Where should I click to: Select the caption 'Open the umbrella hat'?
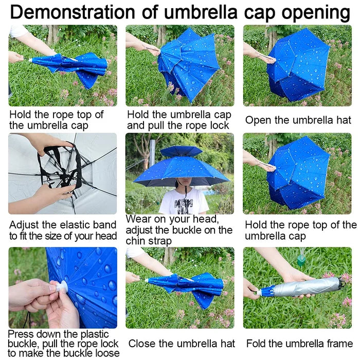click(298, 120)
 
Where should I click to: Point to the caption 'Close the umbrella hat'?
click(181, 343)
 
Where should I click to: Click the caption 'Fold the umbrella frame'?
click(299, 343)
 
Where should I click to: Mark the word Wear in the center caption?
click(139, 220)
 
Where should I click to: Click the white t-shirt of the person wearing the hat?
click(183, 203)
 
